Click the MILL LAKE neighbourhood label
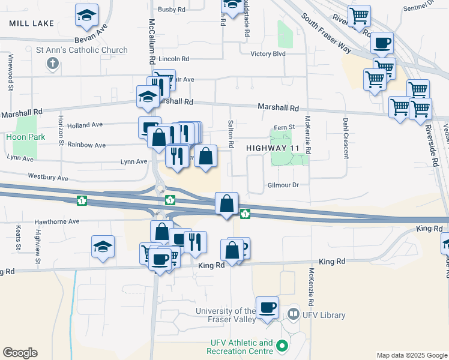32,23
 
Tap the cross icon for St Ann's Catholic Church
53,62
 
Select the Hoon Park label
22,137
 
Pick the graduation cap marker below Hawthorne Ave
103,247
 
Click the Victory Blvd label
268,54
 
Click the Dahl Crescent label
346,138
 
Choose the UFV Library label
324,316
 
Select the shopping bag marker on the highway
227,204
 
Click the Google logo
20,353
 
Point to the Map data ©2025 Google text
411,355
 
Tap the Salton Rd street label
231,134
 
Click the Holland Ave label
86,125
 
